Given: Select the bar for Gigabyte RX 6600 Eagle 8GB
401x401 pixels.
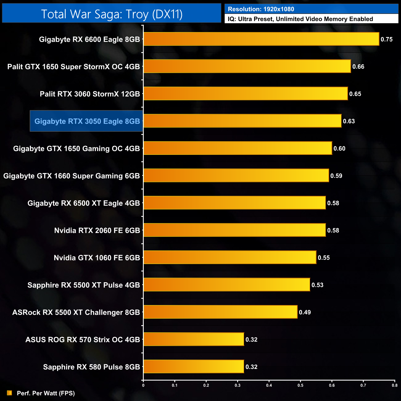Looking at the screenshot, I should tap(261, 39).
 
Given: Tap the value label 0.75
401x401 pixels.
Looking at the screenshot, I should tap(387, 39).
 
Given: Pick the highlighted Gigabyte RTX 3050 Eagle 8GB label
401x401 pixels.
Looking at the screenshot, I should tap(87, 121).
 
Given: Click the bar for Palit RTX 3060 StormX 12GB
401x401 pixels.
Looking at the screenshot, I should tap(246, 94).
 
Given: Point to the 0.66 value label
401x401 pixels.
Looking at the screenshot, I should tap(358, 67).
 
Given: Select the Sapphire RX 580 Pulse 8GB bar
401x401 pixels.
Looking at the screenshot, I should tap(194, 367).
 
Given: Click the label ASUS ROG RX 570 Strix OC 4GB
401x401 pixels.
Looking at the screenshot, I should tap(83, 340).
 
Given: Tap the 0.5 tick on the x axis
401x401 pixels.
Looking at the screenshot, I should tap(300, 385).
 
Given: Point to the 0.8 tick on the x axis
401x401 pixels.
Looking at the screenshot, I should tap(395, 385).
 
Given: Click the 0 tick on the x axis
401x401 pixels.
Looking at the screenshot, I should tap(143, 385).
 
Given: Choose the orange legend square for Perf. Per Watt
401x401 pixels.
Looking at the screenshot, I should tap(10, 393).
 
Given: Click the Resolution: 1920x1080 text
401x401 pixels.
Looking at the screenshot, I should tap(261, 9).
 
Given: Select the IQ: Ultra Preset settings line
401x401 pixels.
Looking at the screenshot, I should tap(300, 19).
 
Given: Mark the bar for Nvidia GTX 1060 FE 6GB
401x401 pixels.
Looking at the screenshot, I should tap(230, 258).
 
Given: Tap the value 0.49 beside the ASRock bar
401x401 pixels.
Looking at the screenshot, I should tap(305, 312).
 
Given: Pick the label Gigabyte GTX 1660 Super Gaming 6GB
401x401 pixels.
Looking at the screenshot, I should tap(72, 176).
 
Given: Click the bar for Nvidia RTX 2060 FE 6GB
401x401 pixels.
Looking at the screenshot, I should tap(234, 230).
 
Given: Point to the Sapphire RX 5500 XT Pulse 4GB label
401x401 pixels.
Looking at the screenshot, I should tap(84, 285).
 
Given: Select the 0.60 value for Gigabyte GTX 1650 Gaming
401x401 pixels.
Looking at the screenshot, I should tap(339, 149).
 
